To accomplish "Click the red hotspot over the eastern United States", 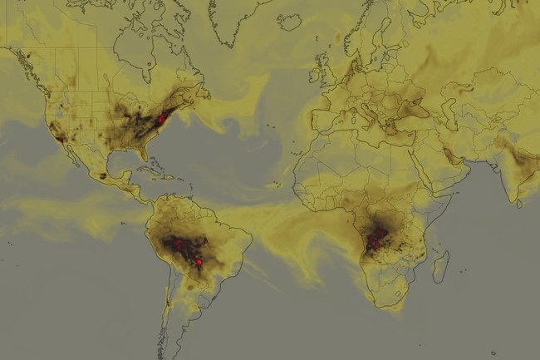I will (x=160, y=120).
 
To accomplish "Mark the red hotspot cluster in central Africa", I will (x=377, y=237).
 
